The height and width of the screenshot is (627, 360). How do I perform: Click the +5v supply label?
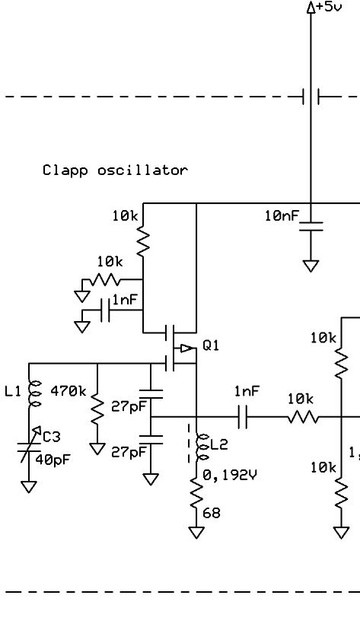tap(329, 7)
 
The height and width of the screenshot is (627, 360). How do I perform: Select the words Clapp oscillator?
tap(115, 170)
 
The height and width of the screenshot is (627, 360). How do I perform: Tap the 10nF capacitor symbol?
tap(311, 226)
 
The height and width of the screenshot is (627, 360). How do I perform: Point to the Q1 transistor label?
tap(211, 345)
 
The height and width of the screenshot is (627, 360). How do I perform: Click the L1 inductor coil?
tap(35, 393)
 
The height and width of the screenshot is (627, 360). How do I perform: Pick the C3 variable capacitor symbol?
tap(29, 444)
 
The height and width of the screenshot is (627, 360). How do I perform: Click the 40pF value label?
tap(53, 460)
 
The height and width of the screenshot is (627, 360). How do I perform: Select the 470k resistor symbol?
tap(97, 409)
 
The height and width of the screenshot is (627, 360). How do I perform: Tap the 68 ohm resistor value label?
tap(211, 513)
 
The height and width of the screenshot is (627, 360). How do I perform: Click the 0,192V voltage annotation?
tap(230, 476)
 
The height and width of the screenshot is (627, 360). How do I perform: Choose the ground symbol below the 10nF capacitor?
tap(311, 266)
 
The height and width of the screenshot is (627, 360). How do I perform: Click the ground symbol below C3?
tap(29, 487)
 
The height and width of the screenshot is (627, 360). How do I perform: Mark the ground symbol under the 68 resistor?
tap(196, 533)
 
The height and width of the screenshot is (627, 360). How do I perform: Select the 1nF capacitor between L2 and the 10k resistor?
tap(242, 417)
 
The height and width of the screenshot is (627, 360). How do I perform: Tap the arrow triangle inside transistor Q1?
tap(186, 349)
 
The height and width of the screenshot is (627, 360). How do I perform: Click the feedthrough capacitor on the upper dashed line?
tap(311, 97)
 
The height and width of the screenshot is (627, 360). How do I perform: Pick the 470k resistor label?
tap(68, 391)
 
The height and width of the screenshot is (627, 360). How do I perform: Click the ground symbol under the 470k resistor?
tap(97, 449)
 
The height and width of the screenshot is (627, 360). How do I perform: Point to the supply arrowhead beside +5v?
tap(311, 8)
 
